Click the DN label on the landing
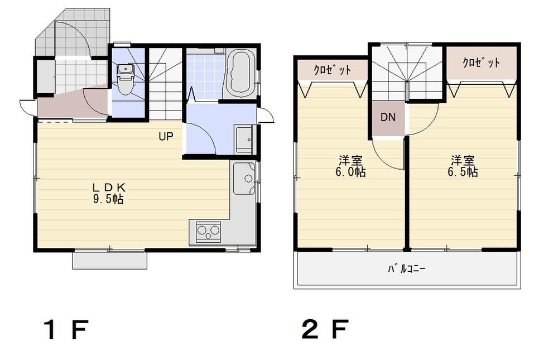click(388, 118)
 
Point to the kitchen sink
click(244, 178)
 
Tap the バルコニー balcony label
click(407, 269)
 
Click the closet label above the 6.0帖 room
click(332, 70)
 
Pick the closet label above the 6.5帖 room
click(482, 63)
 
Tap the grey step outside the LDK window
click(109, 261)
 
